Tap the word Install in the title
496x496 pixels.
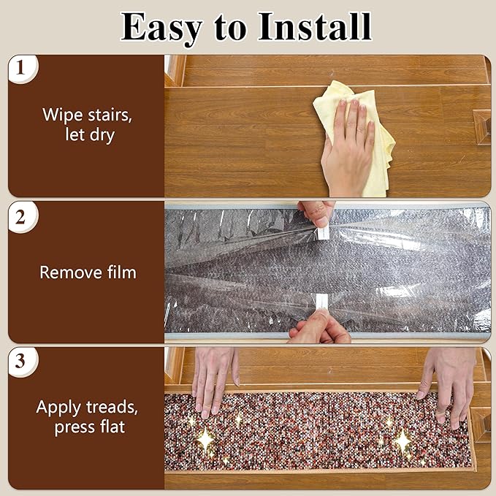coord(314,27)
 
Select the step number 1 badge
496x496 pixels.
coord(21,68)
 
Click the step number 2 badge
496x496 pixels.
coord(21,217)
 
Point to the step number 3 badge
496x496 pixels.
coord(21,362)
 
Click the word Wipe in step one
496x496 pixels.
coord(64,115)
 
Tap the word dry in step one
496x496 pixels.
coord(102,135)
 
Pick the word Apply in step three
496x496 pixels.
coord(58,408)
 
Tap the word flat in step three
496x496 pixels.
coord(112,427)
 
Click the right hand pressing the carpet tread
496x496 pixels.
coord(448,386)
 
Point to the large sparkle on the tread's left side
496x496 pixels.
coord(205,439)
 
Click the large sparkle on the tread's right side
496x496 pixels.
coord(402,441)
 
